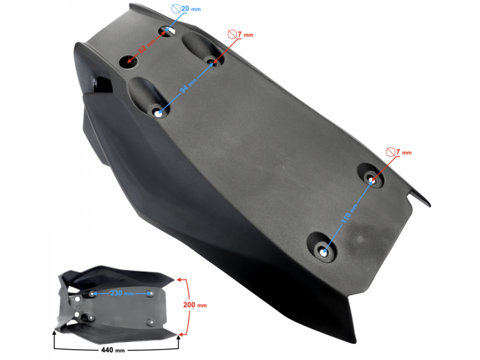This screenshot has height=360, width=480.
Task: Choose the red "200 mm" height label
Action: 194,305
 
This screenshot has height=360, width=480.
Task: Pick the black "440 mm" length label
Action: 114,349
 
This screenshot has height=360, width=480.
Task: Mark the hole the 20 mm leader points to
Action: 167,29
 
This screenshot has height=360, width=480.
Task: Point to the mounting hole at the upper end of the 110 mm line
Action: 373,178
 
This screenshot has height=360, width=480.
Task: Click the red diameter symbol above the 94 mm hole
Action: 232,35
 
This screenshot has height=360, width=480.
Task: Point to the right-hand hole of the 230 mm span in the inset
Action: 149,294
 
